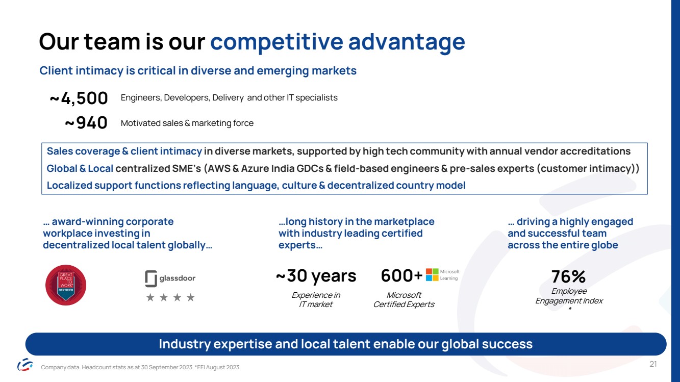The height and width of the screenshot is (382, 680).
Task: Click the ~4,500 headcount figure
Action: coord(79,98)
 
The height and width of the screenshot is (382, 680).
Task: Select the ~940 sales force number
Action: coord(86,123)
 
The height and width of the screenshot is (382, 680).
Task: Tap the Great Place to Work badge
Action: coord(66,285)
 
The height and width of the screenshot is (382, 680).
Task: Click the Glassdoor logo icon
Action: coord(151,278)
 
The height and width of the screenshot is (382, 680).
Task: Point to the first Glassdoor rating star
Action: coord(150,297)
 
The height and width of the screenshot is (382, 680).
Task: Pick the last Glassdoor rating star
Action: coord(191,297)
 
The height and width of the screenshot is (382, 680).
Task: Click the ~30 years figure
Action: coord(316,276)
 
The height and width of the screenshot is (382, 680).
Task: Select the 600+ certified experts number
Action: coord(401,275)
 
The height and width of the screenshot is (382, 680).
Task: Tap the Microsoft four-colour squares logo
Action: coord(432,274)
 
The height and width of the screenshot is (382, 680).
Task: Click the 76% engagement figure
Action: coord(568,276)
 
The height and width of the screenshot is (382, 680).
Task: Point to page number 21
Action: coord(653,364)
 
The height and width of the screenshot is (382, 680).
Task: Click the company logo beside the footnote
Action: coord(25,364)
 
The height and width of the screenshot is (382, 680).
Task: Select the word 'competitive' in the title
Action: coord(276,42)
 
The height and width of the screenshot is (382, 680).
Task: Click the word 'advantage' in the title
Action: coord(407,42)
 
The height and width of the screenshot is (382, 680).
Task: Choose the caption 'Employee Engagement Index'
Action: coord(569,296)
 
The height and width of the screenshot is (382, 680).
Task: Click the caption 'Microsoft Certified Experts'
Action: coord(404,300)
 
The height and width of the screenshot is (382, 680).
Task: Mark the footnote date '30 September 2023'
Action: coord(167,367)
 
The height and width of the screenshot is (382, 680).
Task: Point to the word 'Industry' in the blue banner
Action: coord(185,344)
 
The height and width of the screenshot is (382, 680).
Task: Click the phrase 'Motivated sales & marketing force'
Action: coord(187,123)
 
